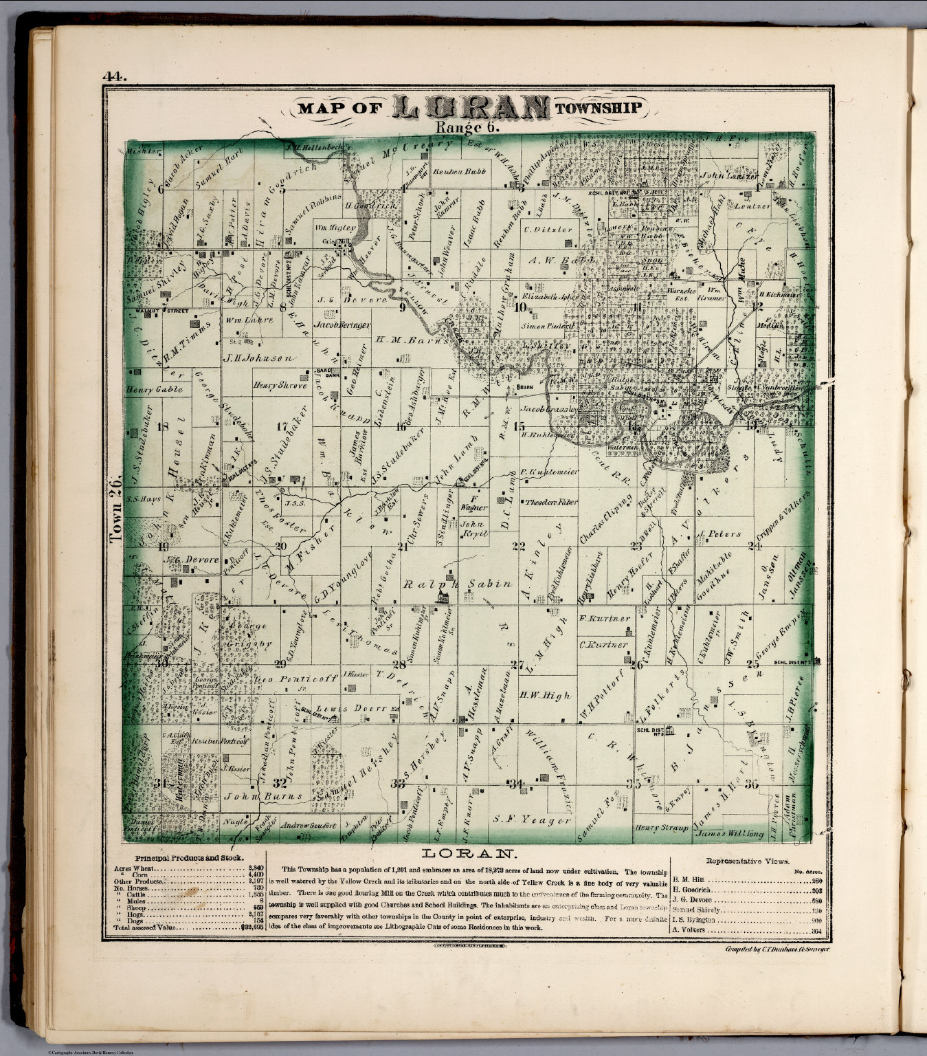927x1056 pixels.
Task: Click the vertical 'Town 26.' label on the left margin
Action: pyautogui.click(x=116, y=509)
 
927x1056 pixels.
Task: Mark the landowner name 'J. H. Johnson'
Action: pyautogui.click(x=258, y=358)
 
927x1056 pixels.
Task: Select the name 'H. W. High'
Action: pyautogui.click(x=545, y=695)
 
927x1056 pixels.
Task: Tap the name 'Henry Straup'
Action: pyautogui.click(x=661, y=828)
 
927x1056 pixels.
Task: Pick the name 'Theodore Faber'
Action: pyautogui.click(x=549, y=502)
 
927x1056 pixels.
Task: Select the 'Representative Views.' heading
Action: pyautogui.click(x=748, y=859)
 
